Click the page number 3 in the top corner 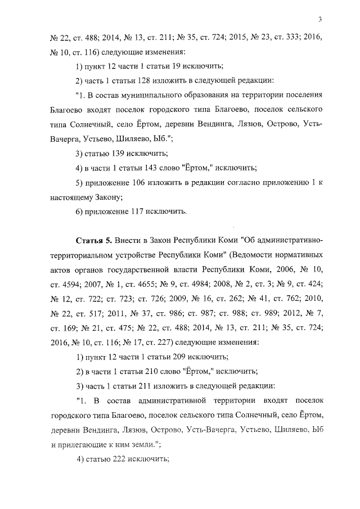319,20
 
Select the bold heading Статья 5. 93,240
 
